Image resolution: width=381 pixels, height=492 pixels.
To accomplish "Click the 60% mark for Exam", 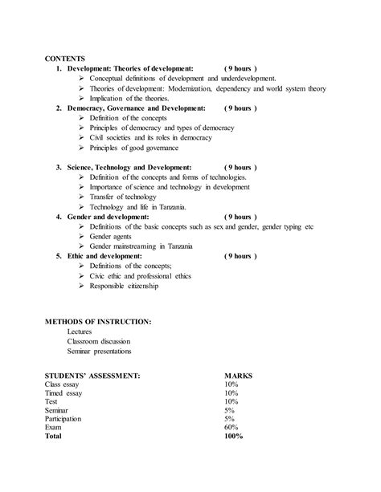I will pyautogui.click(x=232, y=428).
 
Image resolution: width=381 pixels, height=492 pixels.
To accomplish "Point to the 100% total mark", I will pyautogui.click(x=235, y=437).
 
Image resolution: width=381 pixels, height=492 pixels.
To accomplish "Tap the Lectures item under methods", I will pyautogui.click(x=80, y=331).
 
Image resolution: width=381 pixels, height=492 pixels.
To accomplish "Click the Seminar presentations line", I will pyautogui.click(x=100, y=351).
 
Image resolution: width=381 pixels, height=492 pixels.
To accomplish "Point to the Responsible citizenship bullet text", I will pyautogui.click(x=124, y=286).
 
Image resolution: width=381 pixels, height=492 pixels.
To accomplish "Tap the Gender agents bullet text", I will pyautogui.click(x=112, y=236).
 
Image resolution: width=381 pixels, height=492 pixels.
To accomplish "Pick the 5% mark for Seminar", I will pyautogui.click(x=231, y=410).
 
